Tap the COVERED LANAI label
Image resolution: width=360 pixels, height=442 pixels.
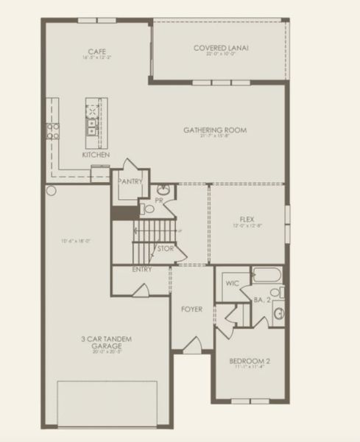(x=221, y=49)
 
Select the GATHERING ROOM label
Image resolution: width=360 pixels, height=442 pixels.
(x=215, y=130)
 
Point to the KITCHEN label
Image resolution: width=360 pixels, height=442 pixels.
(x=96, y=155)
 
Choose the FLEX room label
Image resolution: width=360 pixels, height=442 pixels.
(x=247, y=219)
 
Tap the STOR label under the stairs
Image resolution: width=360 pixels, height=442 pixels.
(x=166, y=248)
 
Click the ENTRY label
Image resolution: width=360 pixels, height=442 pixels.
(x=142, y=270)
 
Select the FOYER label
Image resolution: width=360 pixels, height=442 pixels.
(x=191, y=309)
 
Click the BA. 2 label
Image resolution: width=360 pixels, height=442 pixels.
(x=262, y=301)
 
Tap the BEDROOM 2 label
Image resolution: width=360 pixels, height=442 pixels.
(x=250, y=361)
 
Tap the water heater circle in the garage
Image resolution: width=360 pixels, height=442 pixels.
(x=52, y=190)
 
